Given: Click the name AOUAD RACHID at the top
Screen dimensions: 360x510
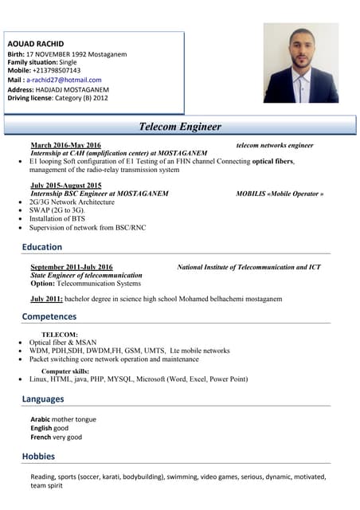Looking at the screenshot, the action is pyautogui.click(x=35, y=43).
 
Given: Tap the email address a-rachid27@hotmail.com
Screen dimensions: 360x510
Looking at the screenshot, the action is pyautogui.click(x=64, y=80).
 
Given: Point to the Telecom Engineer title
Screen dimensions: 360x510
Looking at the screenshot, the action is pyautogui.click(x=180, y=127).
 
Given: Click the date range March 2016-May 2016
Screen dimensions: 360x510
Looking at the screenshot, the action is pyautogui.click(x=65, y=145).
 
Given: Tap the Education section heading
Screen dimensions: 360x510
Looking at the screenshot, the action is pyautogui.click(x=41, y=247).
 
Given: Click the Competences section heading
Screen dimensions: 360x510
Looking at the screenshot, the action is pyautogui.click(x=49, y=316).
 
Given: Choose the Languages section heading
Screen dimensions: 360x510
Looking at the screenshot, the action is pyautogui.click(x=43, y=398).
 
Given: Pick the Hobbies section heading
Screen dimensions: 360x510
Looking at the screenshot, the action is pyautogui.click(x=38, y=457).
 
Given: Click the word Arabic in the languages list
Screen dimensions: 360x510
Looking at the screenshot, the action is pyautogui.click(x=40, y=419).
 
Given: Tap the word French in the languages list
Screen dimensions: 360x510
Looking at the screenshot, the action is pyautogui.click(x=41, y=437).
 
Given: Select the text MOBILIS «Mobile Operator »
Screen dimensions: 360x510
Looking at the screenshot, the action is pyautogui.click(x=280, y=194).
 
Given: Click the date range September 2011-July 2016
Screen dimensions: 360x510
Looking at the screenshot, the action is pyautogui.click(x=71, y=267).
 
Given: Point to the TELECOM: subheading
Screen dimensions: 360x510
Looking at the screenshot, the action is pyautogui.click(x=60, y=335).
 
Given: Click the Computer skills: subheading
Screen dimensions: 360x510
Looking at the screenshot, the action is pyautogui.click(x=65, y=371).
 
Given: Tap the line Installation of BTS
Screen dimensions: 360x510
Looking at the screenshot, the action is pyautogui.click(x=57, y=218).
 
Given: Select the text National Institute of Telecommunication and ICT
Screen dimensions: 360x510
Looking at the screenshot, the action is pyautogui.click(x=248, y=267).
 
